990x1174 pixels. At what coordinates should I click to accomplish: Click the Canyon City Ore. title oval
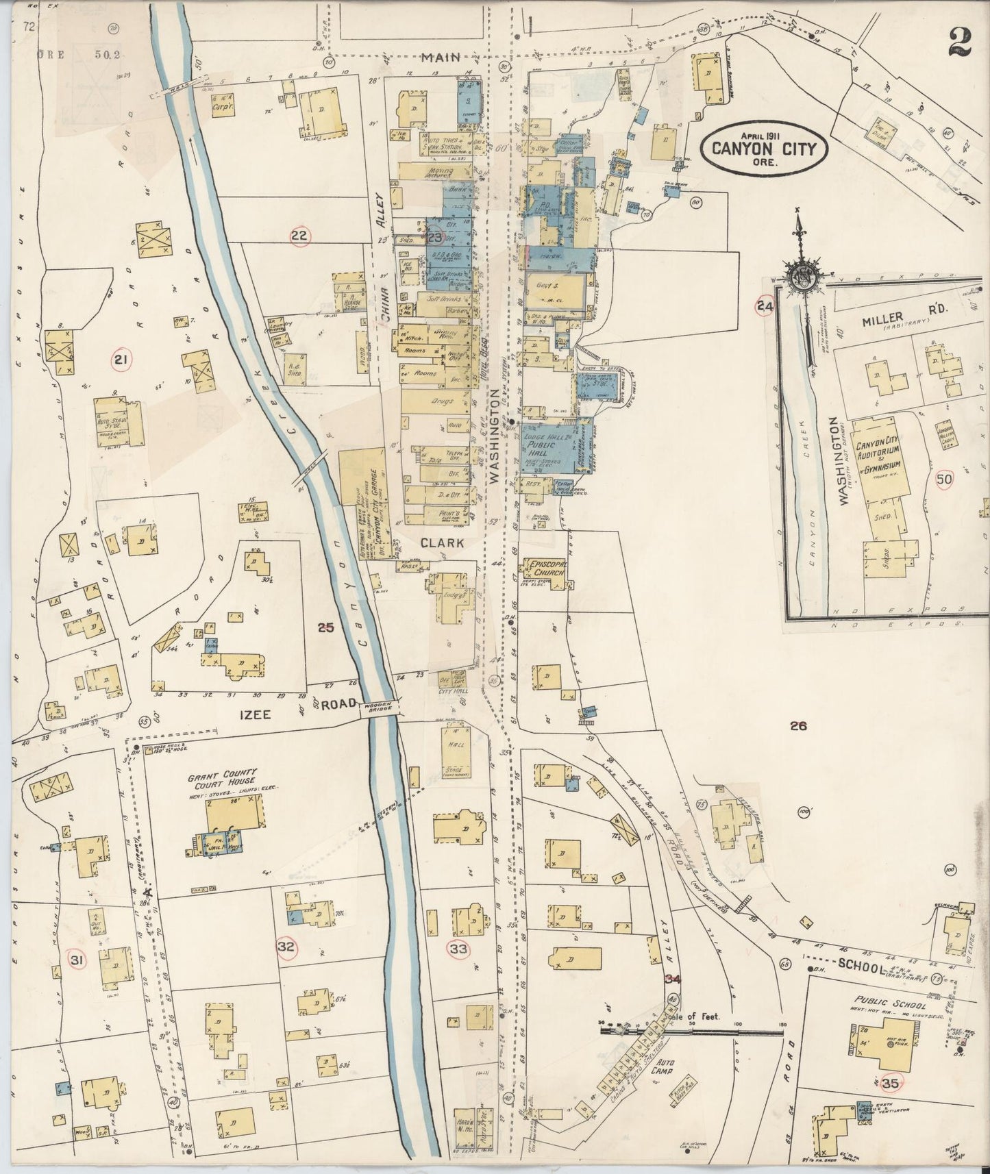point(765,145)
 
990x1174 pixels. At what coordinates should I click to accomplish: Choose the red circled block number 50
point(944,480)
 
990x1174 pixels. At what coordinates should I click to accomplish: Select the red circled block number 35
point(891,1084)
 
